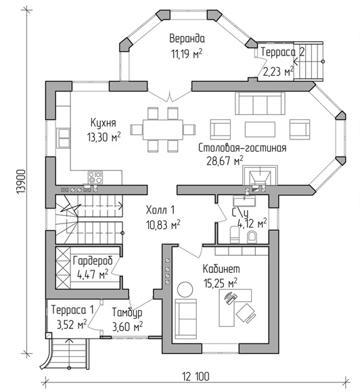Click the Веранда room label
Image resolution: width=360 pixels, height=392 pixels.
187,39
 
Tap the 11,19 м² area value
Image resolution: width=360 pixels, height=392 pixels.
187,53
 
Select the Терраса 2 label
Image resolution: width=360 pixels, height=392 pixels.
283,52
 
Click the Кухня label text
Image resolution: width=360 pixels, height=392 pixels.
103,123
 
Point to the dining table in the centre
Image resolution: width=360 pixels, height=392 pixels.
163,129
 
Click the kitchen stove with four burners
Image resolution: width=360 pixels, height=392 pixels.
95,177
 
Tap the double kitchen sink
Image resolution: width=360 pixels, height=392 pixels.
64,138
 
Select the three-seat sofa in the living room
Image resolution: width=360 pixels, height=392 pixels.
260,104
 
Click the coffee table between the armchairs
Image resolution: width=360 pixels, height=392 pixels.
260,129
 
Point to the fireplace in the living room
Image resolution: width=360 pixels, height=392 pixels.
260,175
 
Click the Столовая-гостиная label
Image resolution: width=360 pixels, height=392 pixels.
242,148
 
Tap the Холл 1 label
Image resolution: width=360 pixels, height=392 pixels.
160,211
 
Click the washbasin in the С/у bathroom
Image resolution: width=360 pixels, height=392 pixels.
244,200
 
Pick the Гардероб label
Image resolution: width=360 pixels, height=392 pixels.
93,261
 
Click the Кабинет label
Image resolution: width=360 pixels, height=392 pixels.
221,269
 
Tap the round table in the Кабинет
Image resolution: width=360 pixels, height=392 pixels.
185,290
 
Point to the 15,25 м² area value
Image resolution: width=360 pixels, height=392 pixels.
221,283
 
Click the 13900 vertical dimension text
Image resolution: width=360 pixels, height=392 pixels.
22,181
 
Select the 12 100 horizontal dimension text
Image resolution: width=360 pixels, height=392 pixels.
196,376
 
